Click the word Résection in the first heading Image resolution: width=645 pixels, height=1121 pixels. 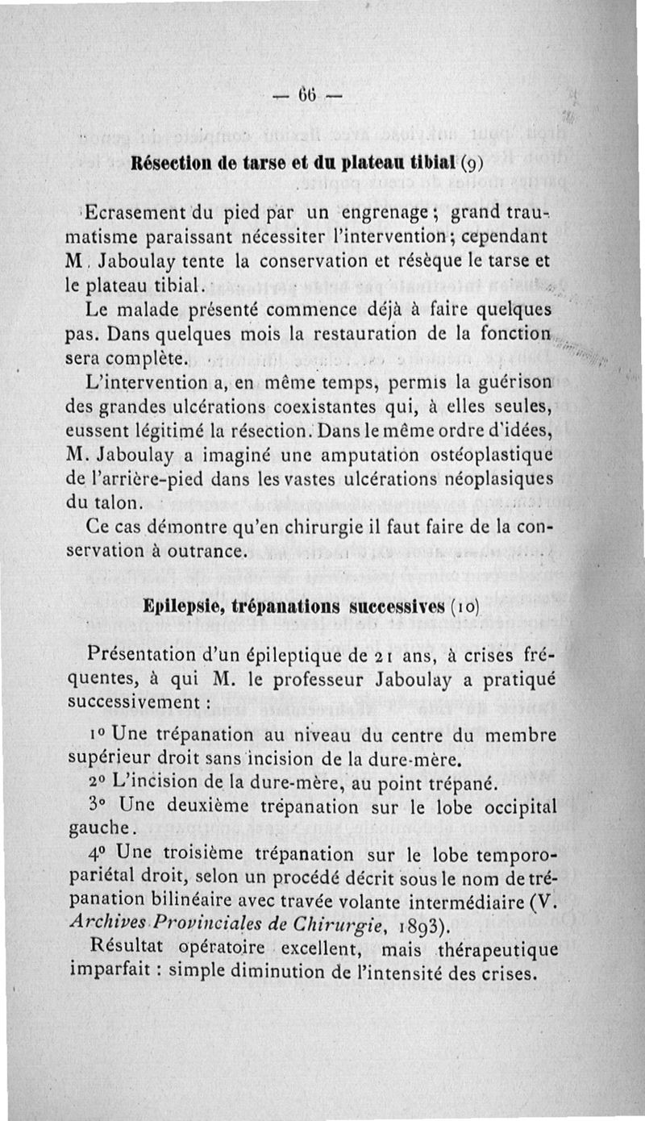169,162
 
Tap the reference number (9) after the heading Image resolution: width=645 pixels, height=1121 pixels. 470,163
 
